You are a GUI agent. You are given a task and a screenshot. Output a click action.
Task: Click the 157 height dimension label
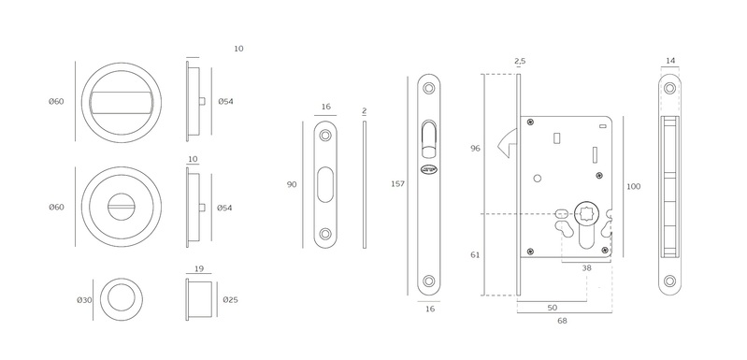(x=397, y=184)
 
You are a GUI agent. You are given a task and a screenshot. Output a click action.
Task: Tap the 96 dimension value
(x=475, y=149)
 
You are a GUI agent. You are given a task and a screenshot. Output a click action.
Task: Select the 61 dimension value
(x=475, y=254)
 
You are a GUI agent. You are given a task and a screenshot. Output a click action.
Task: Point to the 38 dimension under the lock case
(x=586, y=268)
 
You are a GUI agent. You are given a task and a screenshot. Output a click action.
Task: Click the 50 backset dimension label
(x=553, y=308)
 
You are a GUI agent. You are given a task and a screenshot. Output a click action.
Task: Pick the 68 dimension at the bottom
(x=563, y=321)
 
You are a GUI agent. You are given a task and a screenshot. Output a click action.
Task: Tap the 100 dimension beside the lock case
(x=633, y=187)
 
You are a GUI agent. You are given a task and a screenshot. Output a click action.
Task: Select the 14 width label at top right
(x=670, y=61)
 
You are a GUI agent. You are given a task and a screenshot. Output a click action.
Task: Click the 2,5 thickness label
(x=520, y=61)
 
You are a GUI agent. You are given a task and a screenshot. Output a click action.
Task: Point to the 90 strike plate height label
(x=292, y=184)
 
